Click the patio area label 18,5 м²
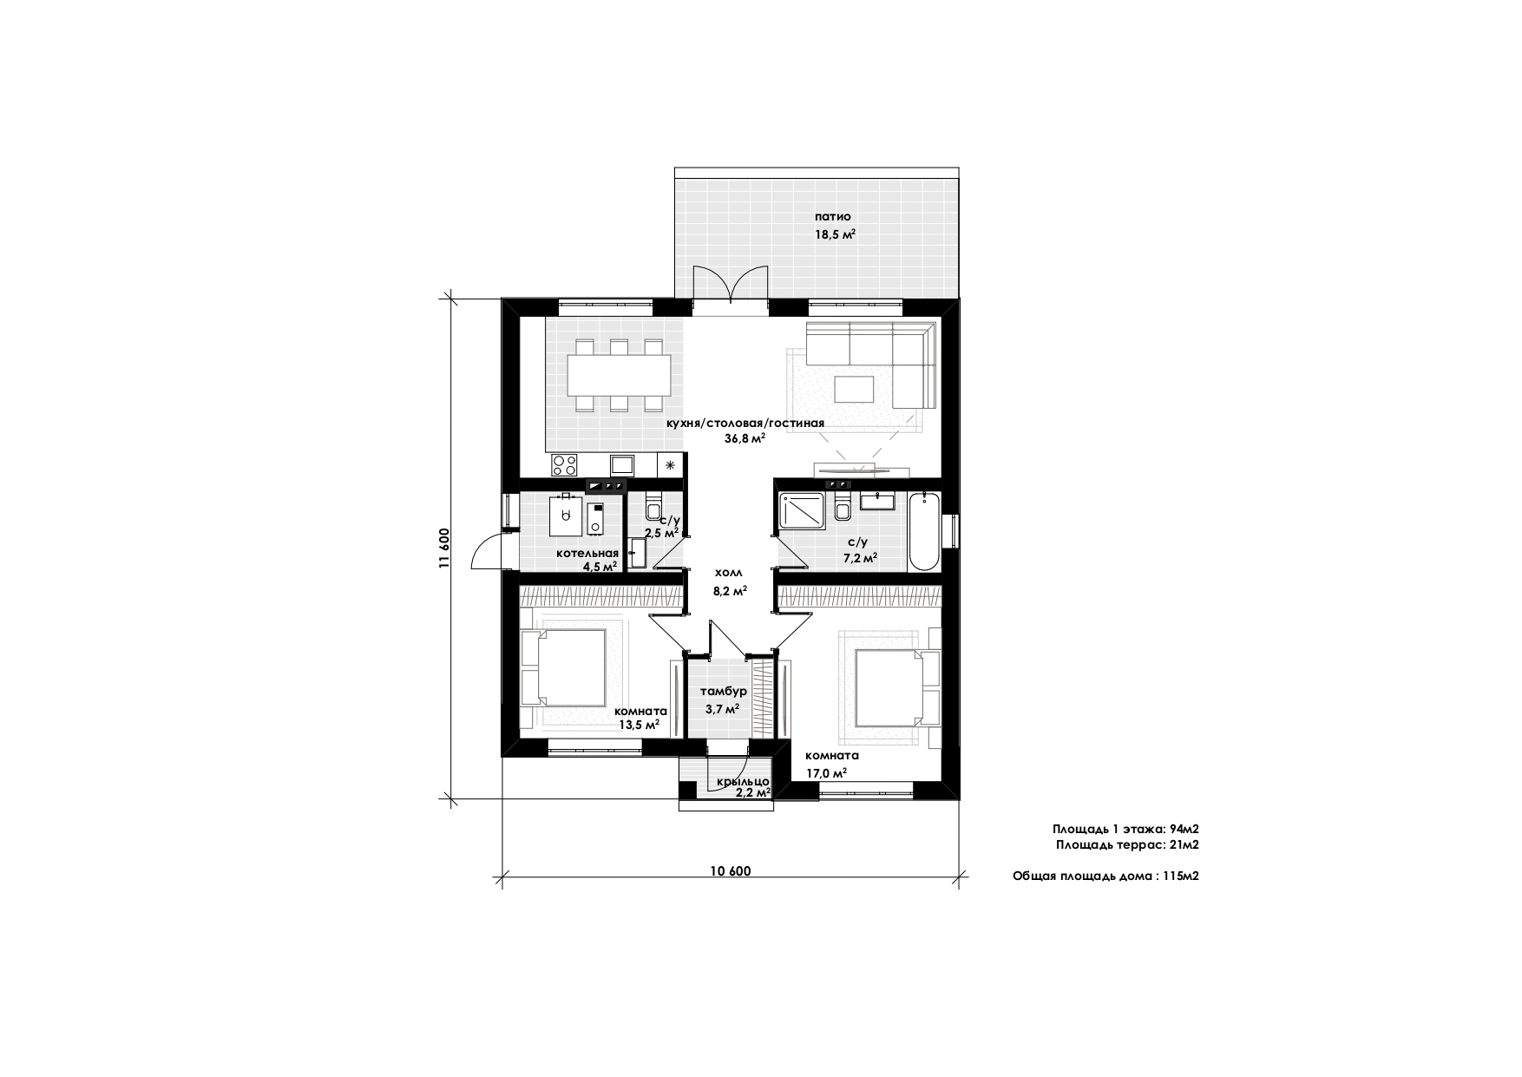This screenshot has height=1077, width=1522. coord(835,234)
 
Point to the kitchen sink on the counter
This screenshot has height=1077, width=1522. coord(622,464)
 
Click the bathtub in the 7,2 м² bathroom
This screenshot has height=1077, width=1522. coord(924,530)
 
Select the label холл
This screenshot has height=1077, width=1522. coord(729,573)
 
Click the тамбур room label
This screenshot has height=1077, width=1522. coord(724,692)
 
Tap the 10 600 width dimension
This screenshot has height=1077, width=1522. coord(730,871)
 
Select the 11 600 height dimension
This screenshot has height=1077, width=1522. coord(444,548)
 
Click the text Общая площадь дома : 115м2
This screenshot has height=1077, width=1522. coord(1105,877)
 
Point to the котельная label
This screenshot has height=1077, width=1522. coord(587,553)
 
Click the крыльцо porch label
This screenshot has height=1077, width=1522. coord(742,781)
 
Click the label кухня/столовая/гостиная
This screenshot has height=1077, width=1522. coord(745,424)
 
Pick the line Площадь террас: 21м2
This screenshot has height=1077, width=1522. coord(1127,844)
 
